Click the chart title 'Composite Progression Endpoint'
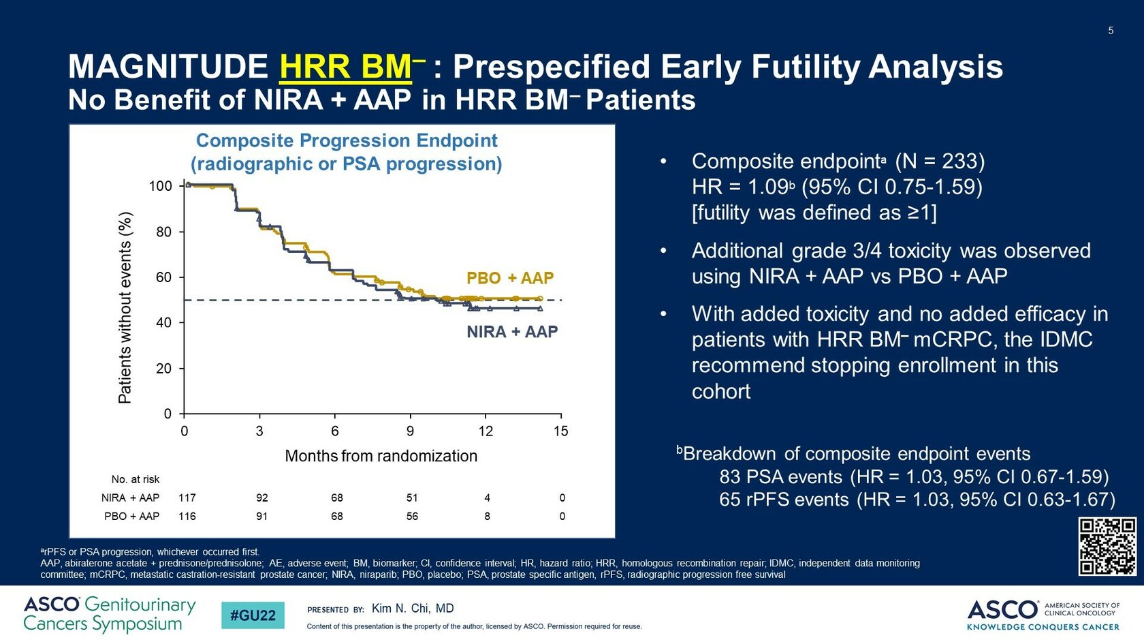[x=347, y=140]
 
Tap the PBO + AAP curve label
[x=509, y=278]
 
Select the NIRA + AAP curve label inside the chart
[x=511, y=332]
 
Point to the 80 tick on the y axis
[x=163, y=232]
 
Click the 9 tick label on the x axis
[x=410, y=431]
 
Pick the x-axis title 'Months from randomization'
[x=381, y=456]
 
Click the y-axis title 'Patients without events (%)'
[x=125, y=307]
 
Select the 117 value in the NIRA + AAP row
[x=187, y=498]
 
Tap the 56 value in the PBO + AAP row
[x=412, y=517]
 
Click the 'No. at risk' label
[x=135, y=480]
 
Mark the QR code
[x=1107, y=547]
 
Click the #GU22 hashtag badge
[x=253, y=615]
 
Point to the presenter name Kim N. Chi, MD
[x=412, y=609]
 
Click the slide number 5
[x=1111, y=31]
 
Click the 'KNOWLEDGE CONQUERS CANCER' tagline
[x=1043, y=627]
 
